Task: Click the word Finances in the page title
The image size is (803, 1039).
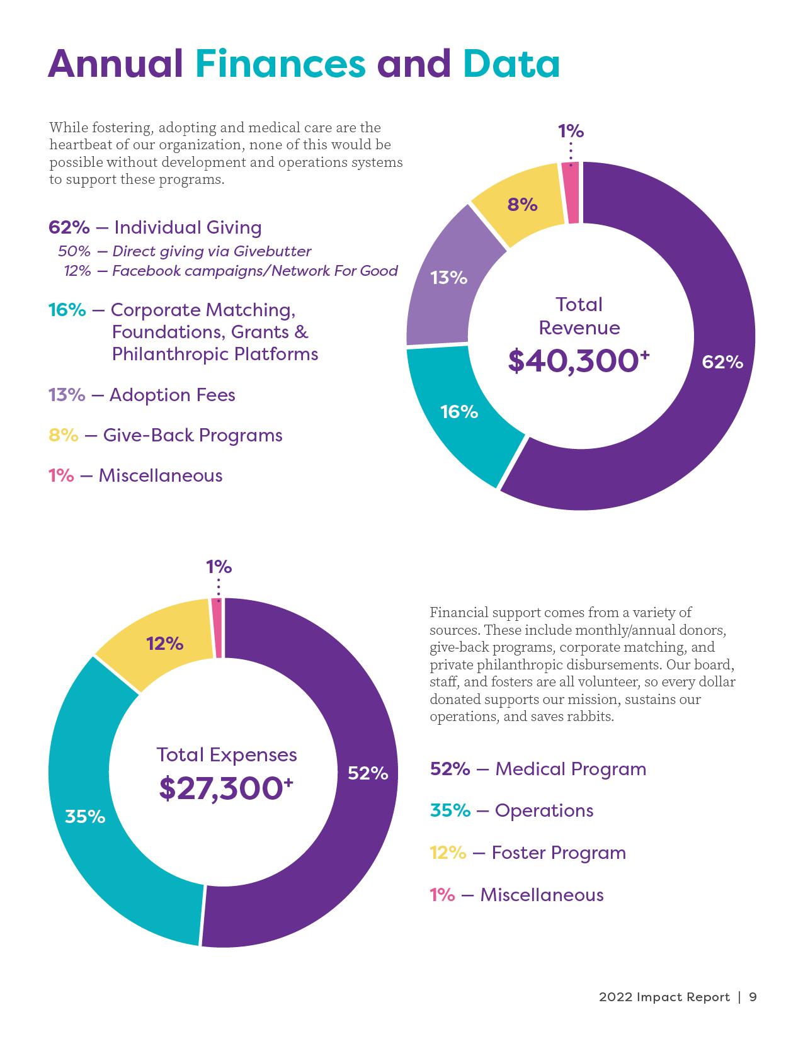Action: pyautogui.click(x=280, y=64)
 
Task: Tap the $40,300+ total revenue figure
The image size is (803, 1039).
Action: pyautogui.click(x=578, y=361)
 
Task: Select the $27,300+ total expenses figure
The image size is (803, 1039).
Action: pyautogui.click(x=226, y=788)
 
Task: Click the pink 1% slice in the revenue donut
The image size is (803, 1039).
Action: pyautogui.click(x=572, y=193)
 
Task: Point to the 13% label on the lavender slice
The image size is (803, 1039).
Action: pyautogui.click(x=448, y=277)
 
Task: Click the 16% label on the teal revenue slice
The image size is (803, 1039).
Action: pyautogui.click(x=459, y=412)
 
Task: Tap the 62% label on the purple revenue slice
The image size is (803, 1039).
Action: pyautogui.click(x=722, y=362)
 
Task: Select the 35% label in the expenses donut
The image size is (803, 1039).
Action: pyautogui.click(x=85, y=817)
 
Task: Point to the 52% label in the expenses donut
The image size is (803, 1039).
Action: pyautogui.click(x=368, y=773)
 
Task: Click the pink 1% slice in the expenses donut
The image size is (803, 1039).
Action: pyautogui.click(x=217, y=628)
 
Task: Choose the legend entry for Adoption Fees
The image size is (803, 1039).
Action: pyautogui.click(x=142, y=395)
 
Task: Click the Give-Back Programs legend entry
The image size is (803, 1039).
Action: pyautogui.click(x=165, y=435)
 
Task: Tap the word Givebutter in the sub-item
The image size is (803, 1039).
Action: pyautogui.click(x=272, y=251)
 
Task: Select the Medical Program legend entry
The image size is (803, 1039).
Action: pyautogui.click(x=538, y=769)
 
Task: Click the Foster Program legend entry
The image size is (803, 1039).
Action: pyautogui.click(x=528, y=853)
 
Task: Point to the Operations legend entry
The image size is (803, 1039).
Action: pyautogui.click(x=511, y=810)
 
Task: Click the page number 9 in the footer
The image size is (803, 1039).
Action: pyautogui.click(x=753, y=997)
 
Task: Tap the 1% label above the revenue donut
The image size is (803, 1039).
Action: pyautogui.click(x=571, y=131)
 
